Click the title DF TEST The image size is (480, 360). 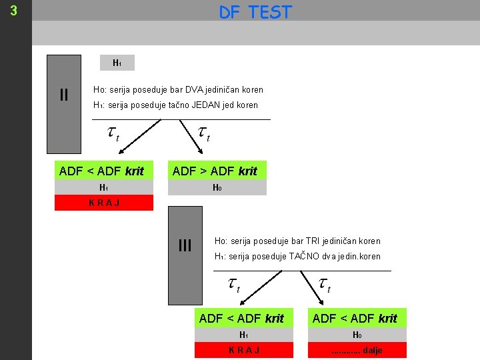point(255,12)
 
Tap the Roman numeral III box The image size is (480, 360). point(185,246)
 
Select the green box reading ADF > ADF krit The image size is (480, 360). point(215,171)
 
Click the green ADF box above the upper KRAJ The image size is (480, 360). point(102,171)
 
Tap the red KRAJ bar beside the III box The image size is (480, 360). point(243,351)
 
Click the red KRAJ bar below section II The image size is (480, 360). point(103,203)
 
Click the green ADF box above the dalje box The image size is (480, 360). point(355,318)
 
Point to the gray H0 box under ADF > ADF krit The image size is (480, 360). point(217,188)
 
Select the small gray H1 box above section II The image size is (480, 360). point(117,63)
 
